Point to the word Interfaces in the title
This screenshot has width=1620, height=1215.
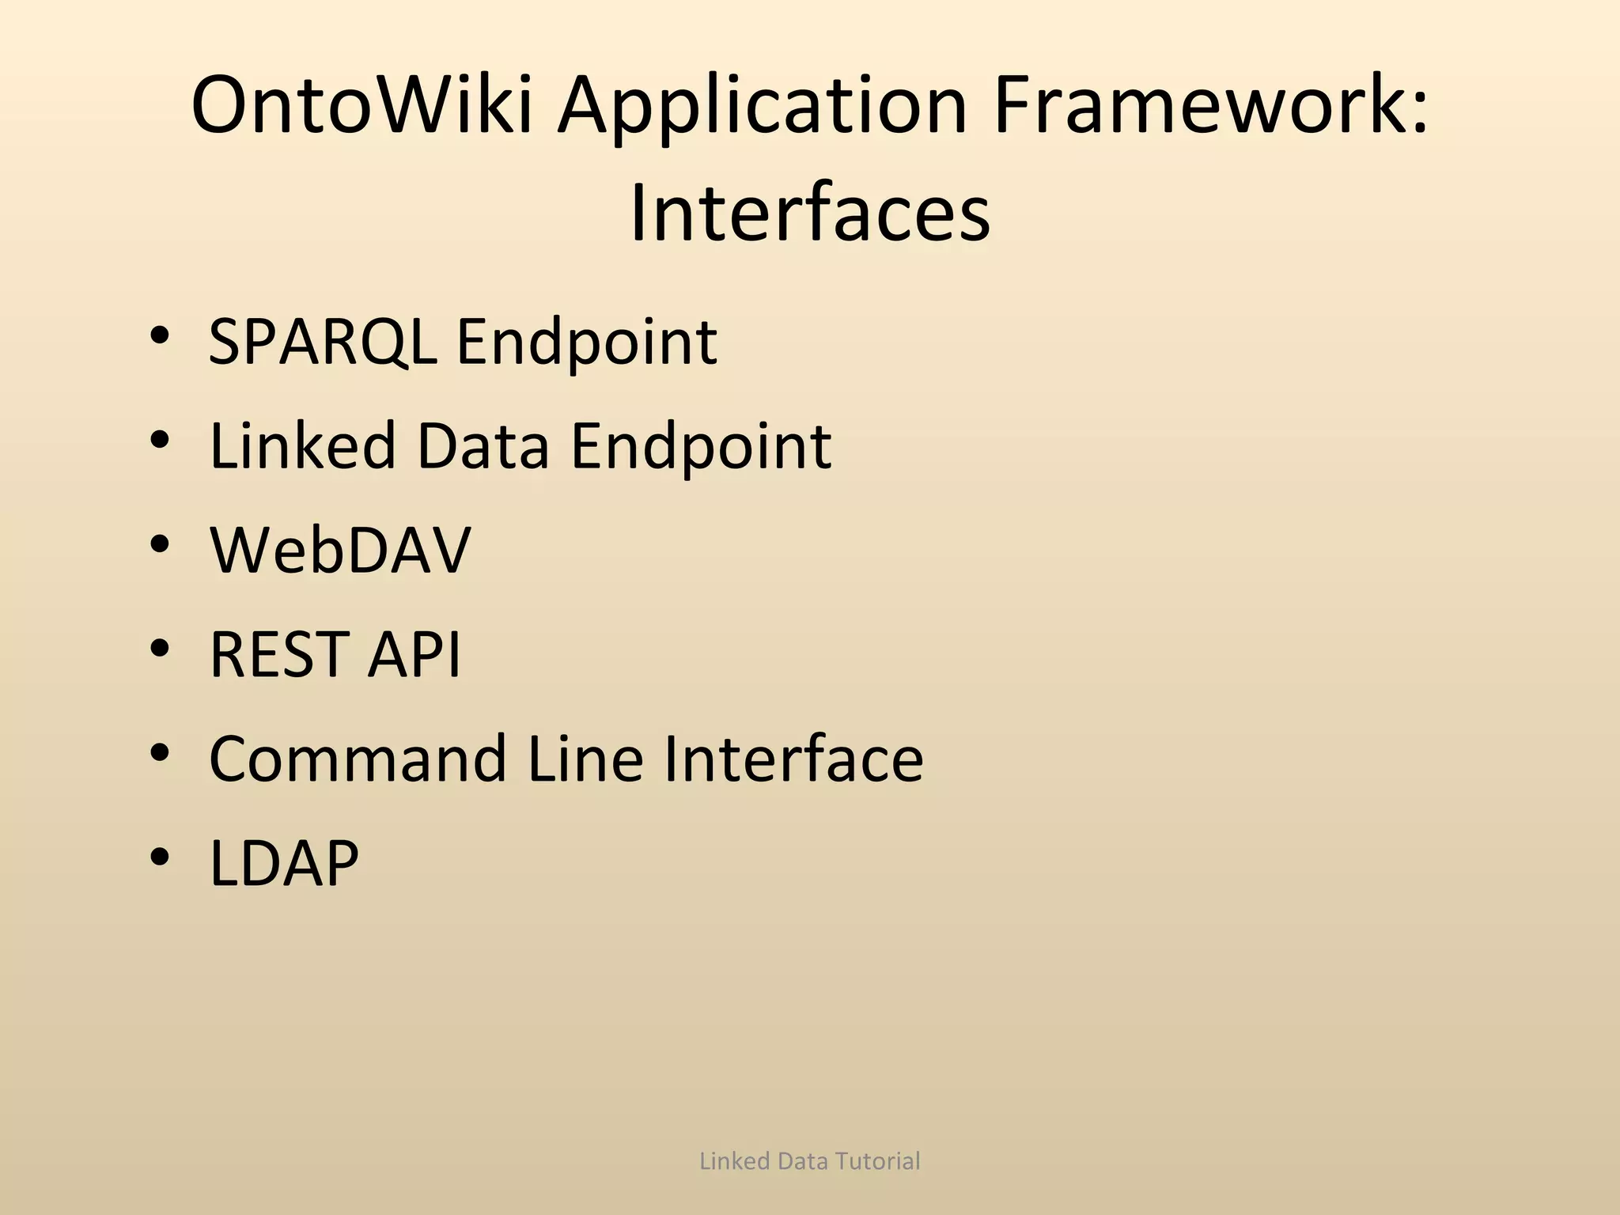pyautogui.click(x=809, y=214)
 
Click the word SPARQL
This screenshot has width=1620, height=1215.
pyautogui.click(x=323, y=343)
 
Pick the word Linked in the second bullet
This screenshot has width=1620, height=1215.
pyautogui.click(x=302, y=445)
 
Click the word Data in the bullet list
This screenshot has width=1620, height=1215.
pyautogui.click(x=483, y=445)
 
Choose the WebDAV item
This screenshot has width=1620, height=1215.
pyautogui.click(x=340, y=550)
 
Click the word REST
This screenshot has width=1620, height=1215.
pyautogui.click(x=278, y=654)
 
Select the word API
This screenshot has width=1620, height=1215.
pyautogui.click(x=413, y=654)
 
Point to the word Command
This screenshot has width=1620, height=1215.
pyautogui.click(x=358, y=759)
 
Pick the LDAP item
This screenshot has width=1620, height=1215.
pyautogui.click(x=284, y=863)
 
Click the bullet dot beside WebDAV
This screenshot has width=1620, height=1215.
pyautogui.click(x=159, y=544)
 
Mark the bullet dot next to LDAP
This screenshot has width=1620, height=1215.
pyautogui.click(x=159, y=857)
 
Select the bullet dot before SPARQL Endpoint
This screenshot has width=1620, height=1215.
pyautogui.click(x=159, y=335)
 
